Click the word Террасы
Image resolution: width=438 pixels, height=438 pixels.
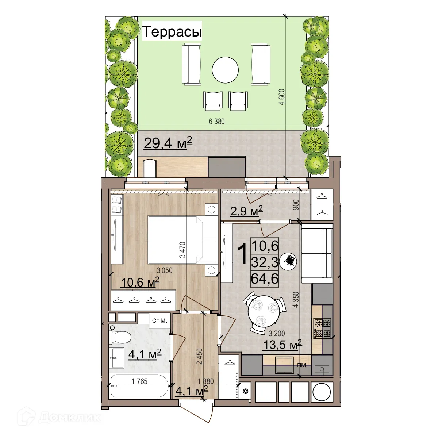point(172,32)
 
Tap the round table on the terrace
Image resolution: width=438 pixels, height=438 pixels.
point(225,70)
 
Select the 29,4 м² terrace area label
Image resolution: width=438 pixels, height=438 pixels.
point(168,143)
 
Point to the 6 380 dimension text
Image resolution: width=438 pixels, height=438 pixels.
point(216,122)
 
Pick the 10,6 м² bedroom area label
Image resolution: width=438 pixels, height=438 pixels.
point(140,283)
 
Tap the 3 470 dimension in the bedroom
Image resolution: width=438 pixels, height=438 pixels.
point(182,250)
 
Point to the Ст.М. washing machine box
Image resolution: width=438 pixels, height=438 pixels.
point(160,321)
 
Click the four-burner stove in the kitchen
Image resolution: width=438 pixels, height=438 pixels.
point(322,328)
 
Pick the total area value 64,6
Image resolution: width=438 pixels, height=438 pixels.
point(265,279)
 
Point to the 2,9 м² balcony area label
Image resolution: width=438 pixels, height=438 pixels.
point(246,211)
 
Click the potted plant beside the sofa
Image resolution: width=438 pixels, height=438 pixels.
point(291,261)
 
